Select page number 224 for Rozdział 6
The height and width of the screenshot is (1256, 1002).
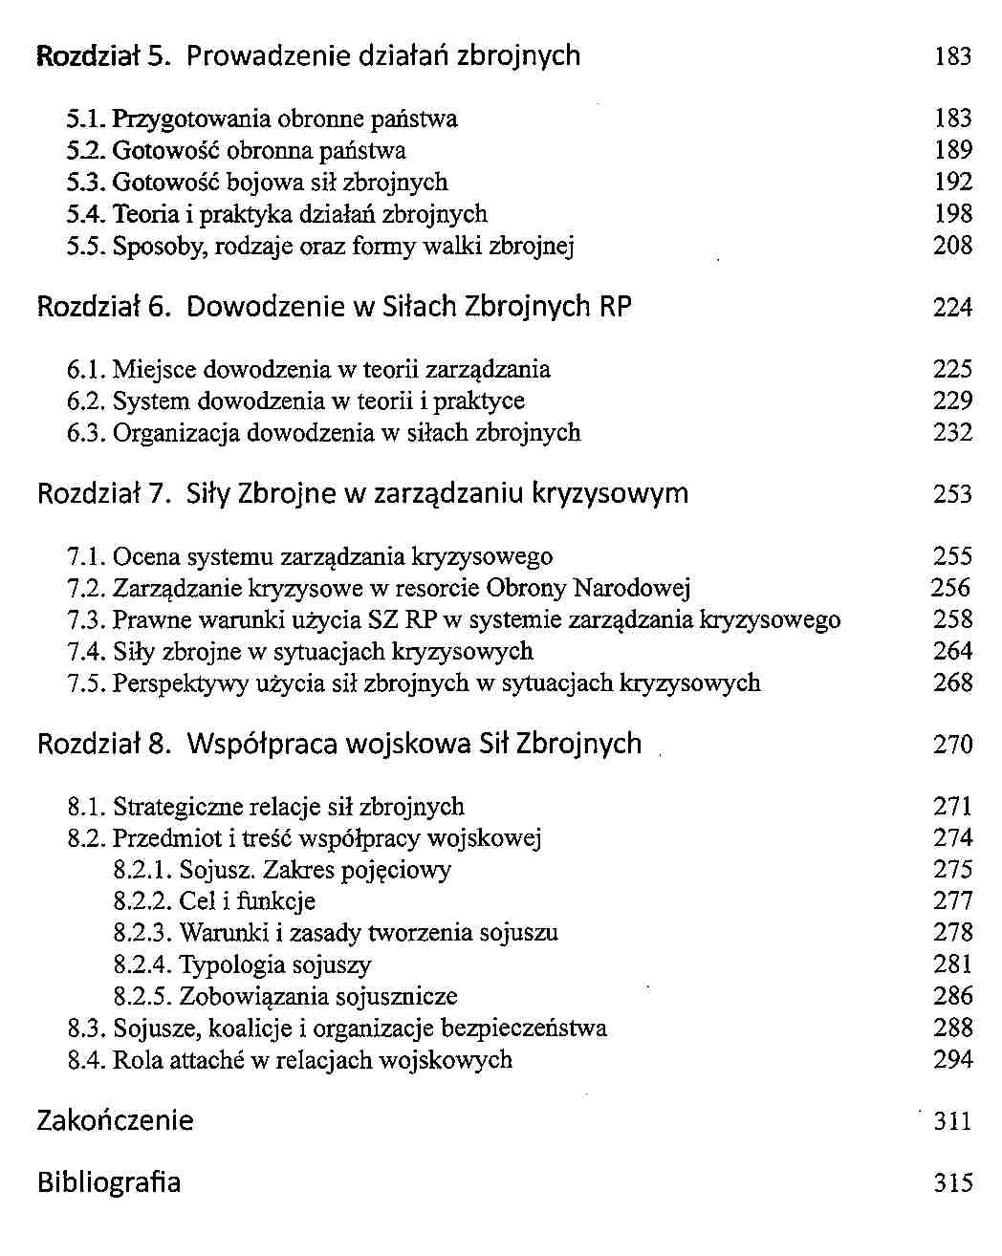tap(952, 307)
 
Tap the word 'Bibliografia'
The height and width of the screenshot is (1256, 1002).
tap(108, 1182)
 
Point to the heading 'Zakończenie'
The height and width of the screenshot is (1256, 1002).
tap(115, 1120)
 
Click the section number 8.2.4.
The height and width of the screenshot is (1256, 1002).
tap(142, 964)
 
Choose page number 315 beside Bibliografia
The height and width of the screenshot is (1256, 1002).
tap(952, 1183)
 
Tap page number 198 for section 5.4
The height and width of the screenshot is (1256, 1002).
tap(952, 214)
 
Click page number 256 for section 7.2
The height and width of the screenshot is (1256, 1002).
tap(950, 588)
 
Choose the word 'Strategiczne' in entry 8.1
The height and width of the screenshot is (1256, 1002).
tap(178, 807)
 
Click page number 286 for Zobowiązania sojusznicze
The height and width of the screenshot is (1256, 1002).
tap(952, 996)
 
